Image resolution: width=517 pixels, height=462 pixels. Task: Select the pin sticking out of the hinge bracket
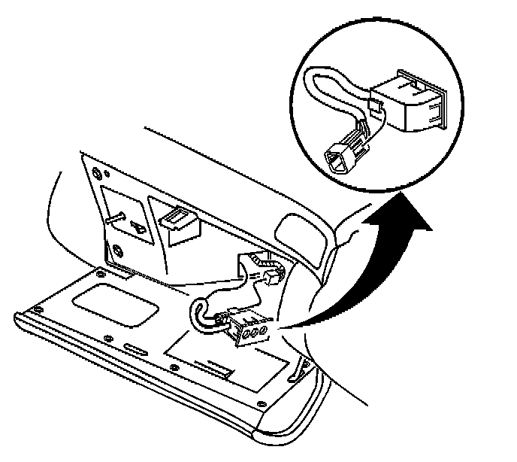120,218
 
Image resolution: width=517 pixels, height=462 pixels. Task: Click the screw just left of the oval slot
110,338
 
